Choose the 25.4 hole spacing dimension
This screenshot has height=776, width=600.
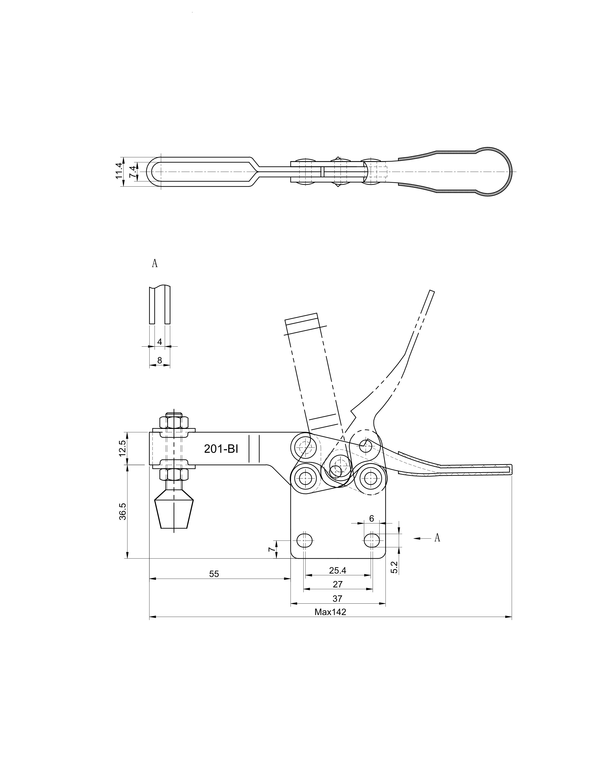coord(337,571)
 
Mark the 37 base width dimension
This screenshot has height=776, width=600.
coord(337,598)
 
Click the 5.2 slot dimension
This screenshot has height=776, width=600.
coord(394,567)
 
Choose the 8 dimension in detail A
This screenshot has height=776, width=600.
coord(160,360)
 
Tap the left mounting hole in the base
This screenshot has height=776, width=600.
coord(305,540)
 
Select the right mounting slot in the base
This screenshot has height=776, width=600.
coord(372,540)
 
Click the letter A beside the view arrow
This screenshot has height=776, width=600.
coord(437,538)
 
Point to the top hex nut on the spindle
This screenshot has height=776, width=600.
coord(174,423)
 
